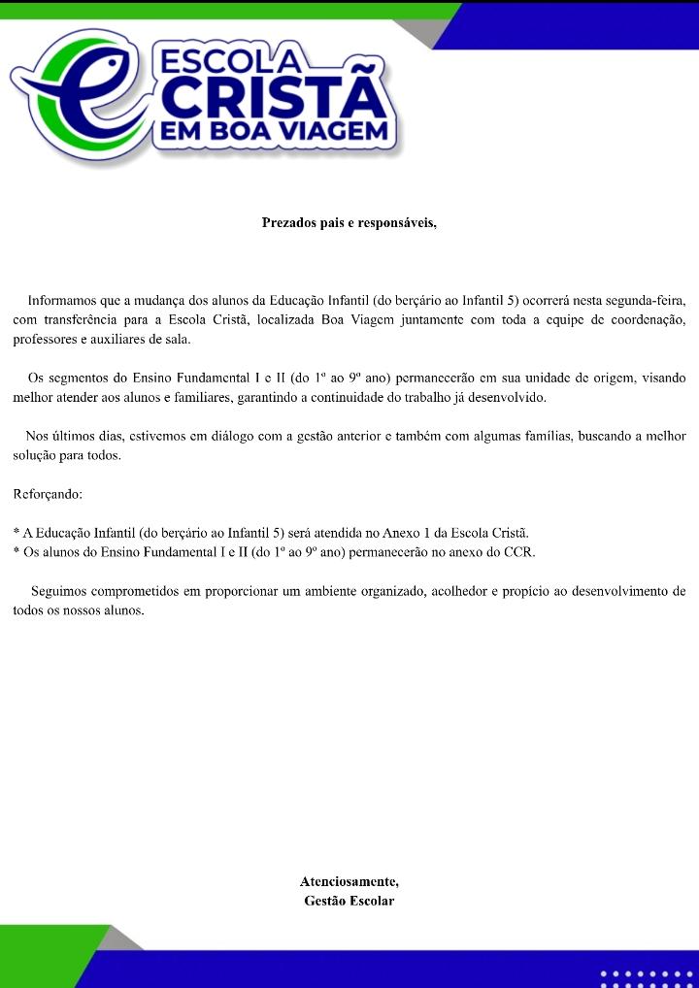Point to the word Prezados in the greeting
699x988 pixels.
(x=289, y=223)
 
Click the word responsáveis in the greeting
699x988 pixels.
(x=397, y=223)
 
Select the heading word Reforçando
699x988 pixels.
(x=48, y=494)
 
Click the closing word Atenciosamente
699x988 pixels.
(x=349, y=882)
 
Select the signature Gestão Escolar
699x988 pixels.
(x=349, y=901)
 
